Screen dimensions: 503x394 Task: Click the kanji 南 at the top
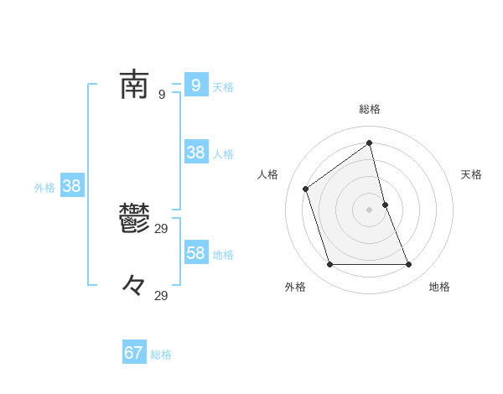[x=134, y=85]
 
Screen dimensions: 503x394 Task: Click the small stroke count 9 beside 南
[x=161, y=95]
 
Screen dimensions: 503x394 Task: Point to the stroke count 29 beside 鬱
[x=162, y=229]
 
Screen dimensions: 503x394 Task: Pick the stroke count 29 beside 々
[x=162, y=296]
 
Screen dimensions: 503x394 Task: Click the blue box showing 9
[x=196, y=86]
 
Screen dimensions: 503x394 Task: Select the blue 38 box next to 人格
[x=196, y=153]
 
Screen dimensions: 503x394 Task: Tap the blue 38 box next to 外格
[x=72, y=186]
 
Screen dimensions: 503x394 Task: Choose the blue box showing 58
[x=196, y=253]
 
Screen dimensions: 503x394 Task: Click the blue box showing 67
[x=134, y=353]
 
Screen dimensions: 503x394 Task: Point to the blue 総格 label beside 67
[x=161, y=355]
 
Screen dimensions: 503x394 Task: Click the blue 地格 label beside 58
[x=223, y=255]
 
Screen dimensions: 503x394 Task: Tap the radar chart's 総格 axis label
[x=370, y=109]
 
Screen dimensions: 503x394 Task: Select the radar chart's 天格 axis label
[x=472, y=174]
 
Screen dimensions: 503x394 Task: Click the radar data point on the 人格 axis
[x=306, y=189]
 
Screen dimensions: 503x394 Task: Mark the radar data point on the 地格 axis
[x=409, y=265]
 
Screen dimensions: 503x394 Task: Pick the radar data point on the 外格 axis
[x=329, y=265]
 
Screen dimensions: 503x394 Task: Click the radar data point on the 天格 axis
[x=385, y=205]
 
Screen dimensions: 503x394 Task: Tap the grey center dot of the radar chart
[x=370, y=210]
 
